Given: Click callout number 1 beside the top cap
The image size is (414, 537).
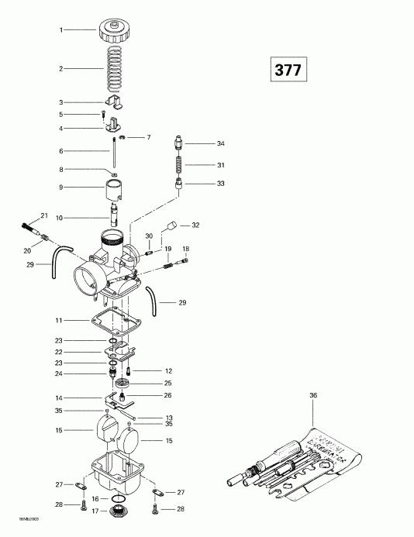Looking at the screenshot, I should click(x=61, y=30).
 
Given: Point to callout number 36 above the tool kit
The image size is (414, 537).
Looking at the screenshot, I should click(x=313, y=396).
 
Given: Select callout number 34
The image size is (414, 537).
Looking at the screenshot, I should click(x=220, y=144).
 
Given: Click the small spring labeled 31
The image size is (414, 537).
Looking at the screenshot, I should click(x=177, y=166).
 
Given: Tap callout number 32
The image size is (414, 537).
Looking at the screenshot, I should click(x=195, y=225).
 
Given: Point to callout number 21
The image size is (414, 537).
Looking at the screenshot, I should click(x=44, y=215).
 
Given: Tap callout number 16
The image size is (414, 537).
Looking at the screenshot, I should click(x=94, y=499).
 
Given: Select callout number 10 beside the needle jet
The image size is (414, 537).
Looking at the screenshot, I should click(x=61, y=217).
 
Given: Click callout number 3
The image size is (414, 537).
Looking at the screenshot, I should click(x=61, y=102).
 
